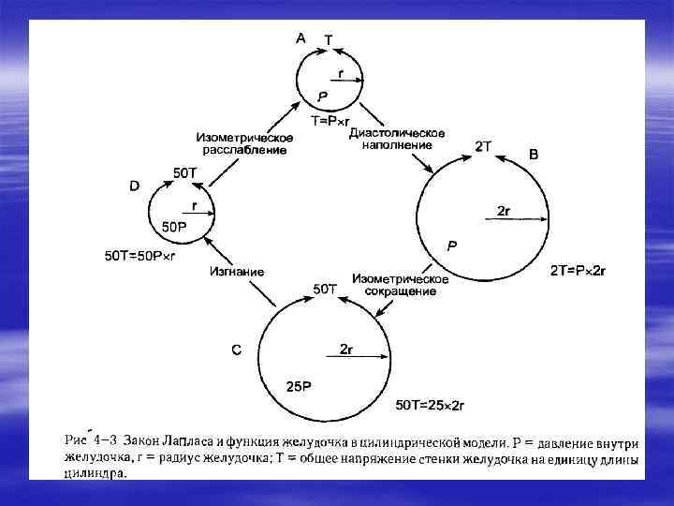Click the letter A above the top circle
click(x=300, y=37)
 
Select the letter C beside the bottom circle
click(x=237, y=350)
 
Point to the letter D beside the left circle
click(x=134, y=186)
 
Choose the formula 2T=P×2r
click(x=578, y=271)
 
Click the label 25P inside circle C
click(x=300, y=386)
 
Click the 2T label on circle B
click(x=483, y=147)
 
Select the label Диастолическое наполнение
click(x=396, y=139)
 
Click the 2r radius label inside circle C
click(x=345, y=350)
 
